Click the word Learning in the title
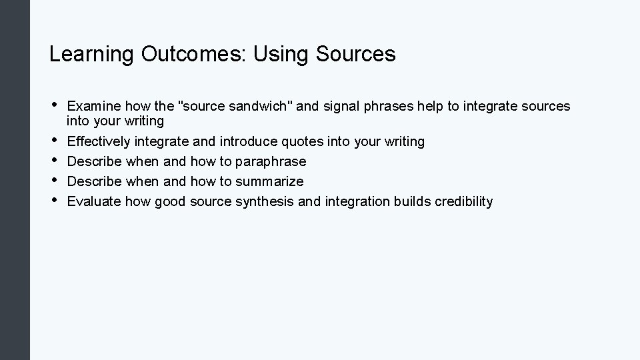(92, 55)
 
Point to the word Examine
(93, 106)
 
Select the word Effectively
(99, 141)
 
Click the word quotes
(303, 141)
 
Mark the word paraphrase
(271, 161)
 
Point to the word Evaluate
(94, 201)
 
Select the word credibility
(463, 201)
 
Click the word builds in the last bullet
(413, 201)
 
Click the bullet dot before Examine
(53, 105)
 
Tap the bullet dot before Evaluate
(53, 200)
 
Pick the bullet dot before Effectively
(53, 140)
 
